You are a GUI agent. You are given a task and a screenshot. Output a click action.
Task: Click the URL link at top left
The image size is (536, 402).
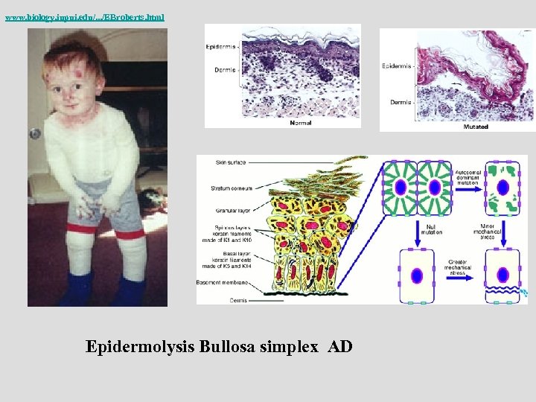pyautogui.click(x=84, y=16)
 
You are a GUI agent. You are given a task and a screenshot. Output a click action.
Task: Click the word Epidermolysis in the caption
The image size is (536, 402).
pyautogui.click(x=141, y=347)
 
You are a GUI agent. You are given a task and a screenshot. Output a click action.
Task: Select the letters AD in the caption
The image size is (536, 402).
pyautogui.click(x=339, y=347)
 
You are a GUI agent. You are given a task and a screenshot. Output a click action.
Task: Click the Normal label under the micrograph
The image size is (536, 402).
pyautogui.click(x=300, y=123)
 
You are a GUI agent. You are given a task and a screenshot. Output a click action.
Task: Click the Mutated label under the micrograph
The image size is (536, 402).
pyautogui.click(x=476, y=127)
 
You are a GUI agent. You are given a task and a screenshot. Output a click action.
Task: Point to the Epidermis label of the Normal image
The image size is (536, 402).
pyautogui.click(x=222, y=46)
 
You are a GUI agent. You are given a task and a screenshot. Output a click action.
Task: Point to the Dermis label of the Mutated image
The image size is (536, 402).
pyautogui.click(x=401, y=102)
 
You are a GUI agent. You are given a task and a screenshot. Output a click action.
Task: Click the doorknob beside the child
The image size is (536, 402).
pyautogui.click(x=34, y=133)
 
